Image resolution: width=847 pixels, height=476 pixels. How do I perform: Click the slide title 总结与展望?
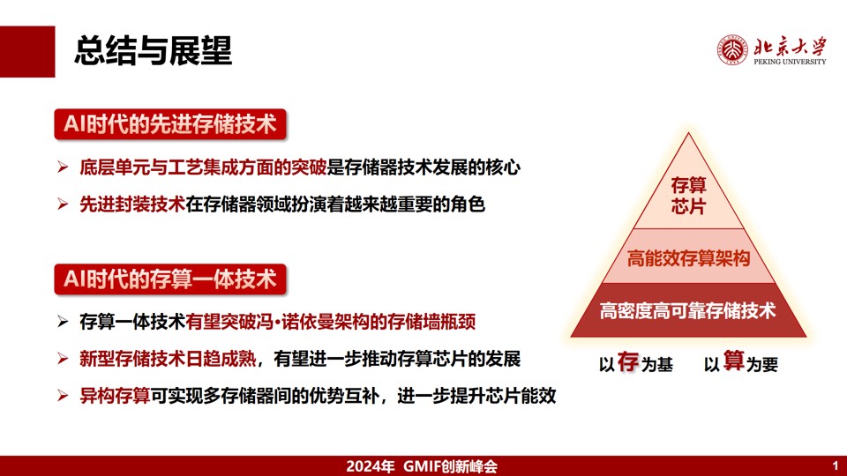154,51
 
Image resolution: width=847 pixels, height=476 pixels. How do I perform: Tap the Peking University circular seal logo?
732,50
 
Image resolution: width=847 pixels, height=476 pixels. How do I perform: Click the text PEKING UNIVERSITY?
790,62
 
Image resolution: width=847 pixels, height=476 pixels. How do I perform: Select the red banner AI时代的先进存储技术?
170,124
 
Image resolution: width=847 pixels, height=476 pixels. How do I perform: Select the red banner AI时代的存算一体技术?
170,279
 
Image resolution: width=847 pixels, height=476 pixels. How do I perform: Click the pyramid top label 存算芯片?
688,196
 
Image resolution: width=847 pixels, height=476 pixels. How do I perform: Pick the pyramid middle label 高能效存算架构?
688,258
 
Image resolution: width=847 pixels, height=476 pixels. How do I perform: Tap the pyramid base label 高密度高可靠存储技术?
688,311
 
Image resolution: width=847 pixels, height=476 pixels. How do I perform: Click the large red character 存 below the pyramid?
628,361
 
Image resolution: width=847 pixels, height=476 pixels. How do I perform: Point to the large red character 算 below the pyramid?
733,361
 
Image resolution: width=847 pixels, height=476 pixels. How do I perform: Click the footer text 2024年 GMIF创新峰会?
422,466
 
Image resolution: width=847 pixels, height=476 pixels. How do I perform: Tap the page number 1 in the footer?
836,465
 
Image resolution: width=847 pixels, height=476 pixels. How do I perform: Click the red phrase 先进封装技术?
132,205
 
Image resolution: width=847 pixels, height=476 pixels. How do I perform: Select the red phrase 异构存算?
115,396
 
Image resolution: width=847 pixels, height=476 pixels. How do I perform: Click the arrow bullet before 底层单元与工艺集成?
63,167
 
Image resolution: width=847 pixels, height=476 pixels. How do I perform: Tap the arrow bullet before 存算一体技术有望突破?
63,323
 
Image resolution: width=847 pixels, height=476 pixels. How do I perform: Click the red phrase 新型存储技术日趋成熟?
168,359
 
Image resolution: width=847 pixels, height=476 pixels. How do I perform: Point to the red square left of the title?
27,52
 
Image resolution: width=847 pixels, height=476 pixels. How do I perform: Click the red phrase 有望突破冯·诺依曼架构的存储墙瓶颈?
331,323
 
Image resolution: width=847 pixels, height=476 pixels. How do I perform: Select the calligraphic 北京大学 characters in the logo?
790,47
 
